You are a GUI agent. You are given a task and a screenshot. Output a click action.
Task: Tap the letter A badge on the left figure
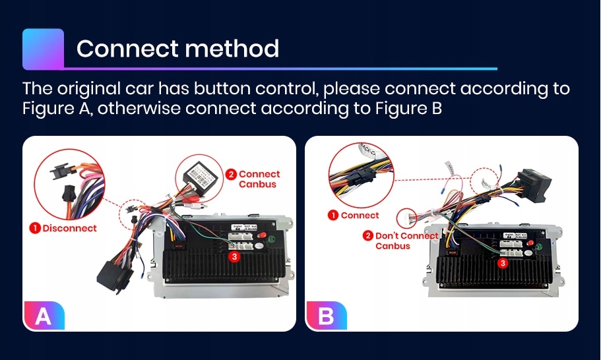point(44,316)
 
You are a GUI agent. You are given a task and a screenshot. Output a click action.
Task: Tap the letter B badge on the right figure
point(326,316)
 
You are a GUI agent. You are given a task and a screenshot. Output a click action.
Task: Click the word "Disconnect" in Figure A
point(69,228)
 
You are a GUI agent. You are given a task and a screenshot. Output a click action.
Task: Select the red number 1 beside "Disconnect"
point(34,228)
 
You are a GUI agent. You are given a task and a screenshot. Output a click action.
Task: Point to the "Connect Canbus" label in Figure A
point(259,179)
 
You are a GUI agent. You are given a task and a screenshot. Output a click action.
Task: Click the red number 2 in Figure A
point(231,175)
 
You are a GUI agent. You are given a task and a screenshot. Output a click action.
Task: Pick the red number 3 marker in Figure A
point(233,256)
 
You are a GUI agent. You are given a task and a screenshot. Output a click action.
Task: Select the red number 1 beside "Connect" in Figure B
point(334,215)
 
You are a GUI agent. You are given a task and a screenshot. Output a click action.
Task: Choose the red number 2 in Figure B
point(367,235)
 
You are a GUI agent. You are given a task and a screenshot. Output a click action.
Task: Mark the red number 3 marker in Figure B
point(503,263)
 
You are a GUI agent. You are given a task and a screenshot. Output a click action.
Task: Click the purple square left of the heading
point(43,49)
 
